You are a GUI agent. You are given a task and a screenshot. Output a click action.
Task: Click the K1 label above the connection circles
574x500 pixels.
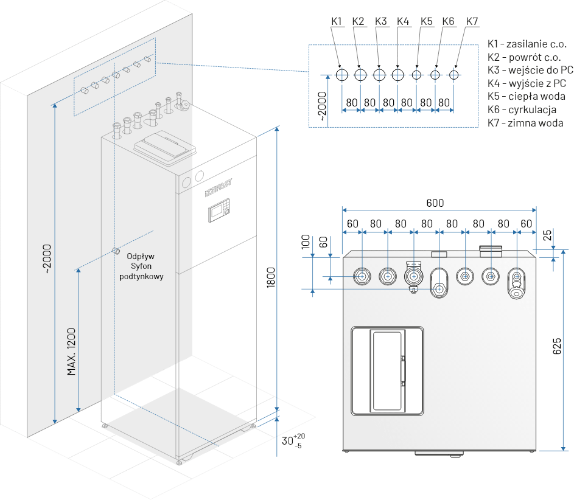pyautogui.click(x=337, y=21)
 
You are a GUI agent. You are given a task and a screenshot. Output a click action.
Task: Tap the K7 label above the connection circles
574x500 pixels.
pyautogui.click(x=472, y=21)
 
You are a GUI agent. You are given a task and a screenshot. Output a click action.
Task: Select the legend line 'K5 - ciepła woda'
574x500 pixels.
pyautogui.click(x=527, y=96)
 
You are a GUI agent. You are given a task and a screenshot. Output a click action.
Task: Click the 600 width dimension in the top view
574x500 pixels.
pyautogui.click(x=435, y=203)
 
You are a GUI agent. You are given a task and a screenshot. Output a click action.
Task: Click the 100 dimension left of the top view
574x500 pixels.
pyautogui.click(x=306, y=242)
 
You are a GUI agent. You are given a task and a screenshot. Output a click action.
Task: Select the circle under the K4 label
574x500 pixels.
pyautogui.click(x=398, y=75)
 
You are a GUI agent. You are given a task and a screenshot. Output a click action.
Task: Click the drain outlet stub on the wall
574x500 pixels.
pyautogui.click(x=114, y=251)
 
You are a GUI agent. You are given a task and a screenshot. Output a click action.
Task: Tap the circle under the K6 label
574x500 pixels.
pyautogui.click(x=435, y=75)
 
